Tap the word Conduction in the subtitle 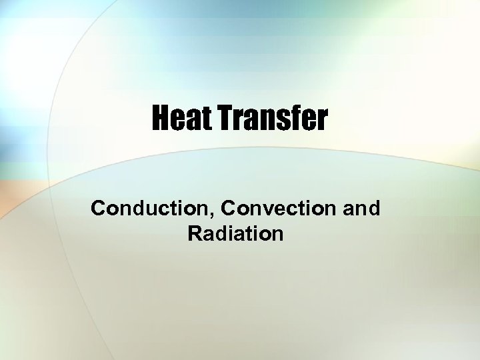pos(143,208)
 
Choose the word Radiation pos(235,234)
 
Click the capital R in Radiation pos(195,234)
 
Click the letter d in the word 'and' pos(374,208)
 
